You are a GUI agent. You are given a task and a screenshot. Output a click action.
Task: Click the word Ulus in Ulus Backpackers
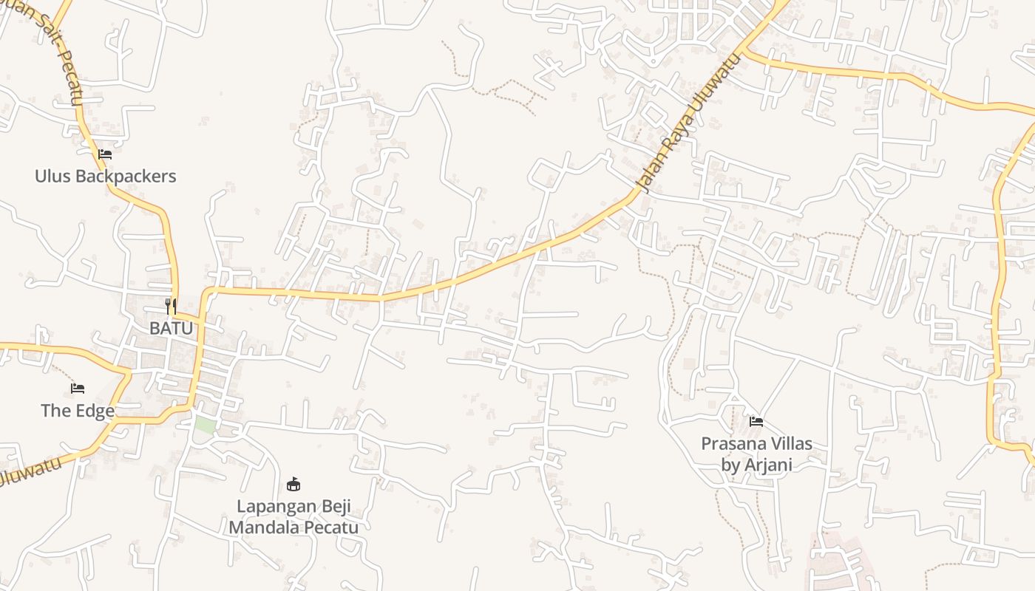coord(53,176)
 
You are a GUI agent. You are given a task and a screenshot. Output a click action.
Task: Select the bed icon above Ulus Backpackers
coord(105,154)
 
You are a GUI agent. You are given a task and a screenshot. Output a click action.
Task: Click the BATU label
coord(171,328)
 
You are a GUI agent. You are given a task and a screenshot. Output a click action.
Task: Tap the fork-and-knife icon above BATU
coord(171,306)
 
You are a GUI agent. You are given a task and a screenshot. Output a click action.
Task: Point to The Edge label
coord(78,411)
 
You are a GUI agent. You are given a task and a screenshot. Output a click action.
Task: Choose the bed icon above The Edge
coord(78,389)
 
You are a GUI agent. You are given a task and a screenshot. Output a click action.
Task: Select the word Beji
coord(333,507)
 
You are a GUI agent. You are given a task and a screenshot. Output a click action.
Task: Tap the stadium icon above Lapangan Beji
coord(293,485)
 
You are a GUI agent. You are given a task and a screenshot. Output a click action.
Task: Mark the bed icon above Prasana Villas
coord(756,422)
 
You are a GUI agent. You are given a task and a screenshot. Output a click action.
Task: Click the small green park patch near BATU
coord(205,425)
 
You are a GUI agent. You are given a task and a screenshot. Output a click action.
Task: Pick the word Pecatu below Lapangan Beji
coord(332,527)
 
